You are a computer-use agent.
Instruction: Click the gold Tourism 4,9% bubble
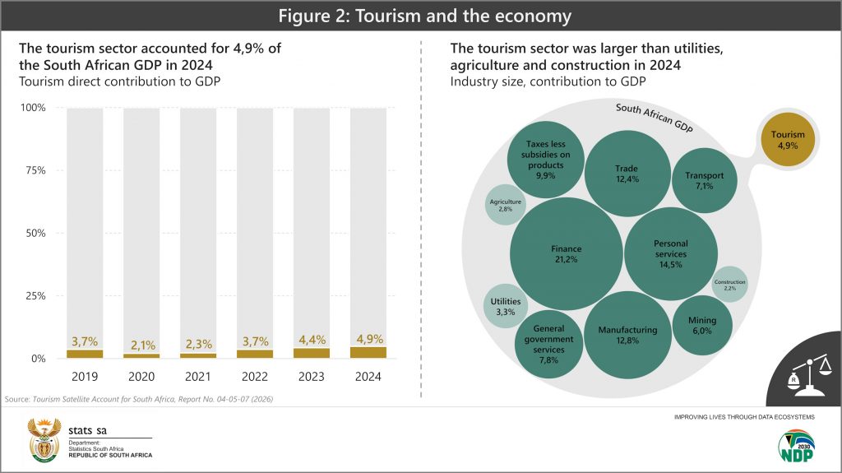pyautogui.click(x=788, y=140)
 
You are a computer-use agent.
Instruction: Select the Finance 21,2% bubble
pyautogui.click(x=566, y=253)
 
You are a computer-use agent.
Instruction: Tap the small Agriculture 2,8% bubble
pyautogui.click(x=506, y=206)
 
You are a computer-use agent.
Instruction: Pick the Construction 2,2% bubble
pyautogui.click(x=729, y=285)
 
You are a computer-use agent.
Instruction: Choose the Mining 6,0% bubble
pyautogui.click(x=701, y=324)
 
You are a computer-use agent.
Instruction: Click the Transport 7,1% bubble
pyautogui.click(x=704, y=179)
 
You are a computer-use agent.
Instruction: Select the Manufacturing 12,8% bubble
pyautogui.click(x=627, y=334)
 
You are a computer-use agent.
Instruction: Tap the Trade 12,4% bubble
pyautogui.click(x=626, y=174)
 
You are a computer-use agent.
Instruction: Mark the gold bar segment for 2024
pyautogui.click(x=368, y=353)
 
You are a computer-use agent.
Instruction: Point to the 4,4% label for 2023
pyautogui.click(x=311, y=340)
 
